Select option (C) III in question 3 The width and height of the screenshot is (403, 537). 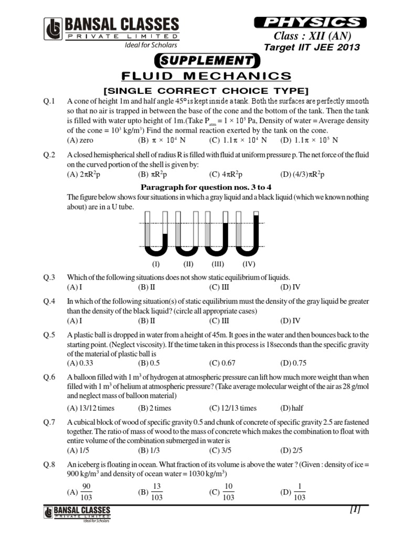[x=219, y=287]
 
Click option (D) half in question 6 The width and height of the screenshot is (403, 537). [x=292, y=407]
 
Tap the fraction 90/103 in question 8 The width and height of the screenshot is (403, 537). [x=87, y=492]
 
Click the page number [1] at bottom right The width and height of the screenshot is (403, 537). [x=354, y=509]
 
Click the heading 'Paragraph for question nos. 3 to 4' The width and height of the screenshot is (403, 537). [x=206, y=187]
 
